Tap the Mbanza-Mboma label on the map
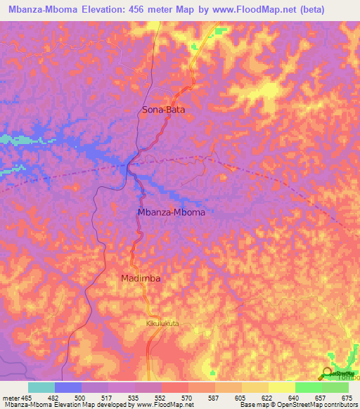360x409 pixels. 171,212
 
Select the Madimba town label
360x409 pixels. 140,278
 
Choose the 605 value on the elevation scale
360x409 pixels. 240,398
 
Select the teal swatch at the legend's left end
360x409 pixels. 41,387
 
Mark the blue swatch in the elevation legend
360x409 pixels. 68,387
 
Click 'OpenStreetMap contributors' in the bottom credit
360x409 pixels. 321,405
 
